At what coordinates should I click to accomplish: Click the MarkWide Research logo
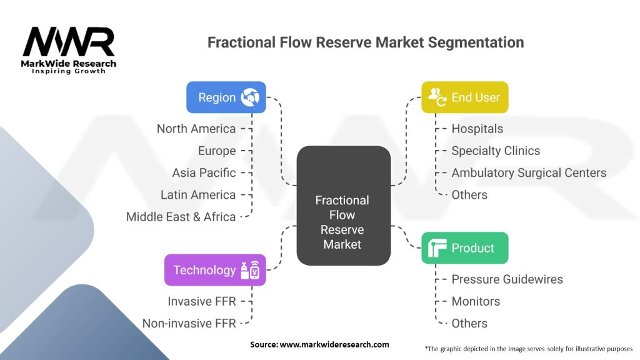point(69,50)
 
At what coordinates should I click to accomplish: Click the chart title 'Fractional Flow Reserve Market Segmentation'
point(366,42)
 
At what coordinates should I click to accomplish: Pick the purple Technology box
point(215,270)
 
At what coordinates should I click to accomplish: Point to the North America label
point(196,129)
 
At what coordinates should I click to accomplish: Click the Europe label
point(217,151)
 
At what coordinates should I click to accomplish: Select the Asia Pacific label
point(204,172)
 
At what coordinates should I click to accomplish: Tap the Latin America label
point(198,195)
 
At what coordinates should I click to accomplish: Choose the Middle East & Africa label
point(181,217)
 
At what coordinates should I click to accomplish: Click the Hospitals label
point(477,129)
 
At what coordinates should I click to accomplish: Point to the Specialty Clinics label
point(496,151)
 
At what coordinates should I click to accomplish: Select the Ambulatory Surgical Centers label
point(529,172)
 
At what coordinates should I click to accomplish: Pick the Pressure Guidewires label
point(507,279)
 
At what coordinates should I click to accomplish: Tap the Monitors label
point(476,301)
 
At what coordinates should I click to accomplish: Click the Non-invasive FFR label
point(189,323)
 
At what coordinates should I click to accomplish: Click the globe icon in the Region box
point(251,97)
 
